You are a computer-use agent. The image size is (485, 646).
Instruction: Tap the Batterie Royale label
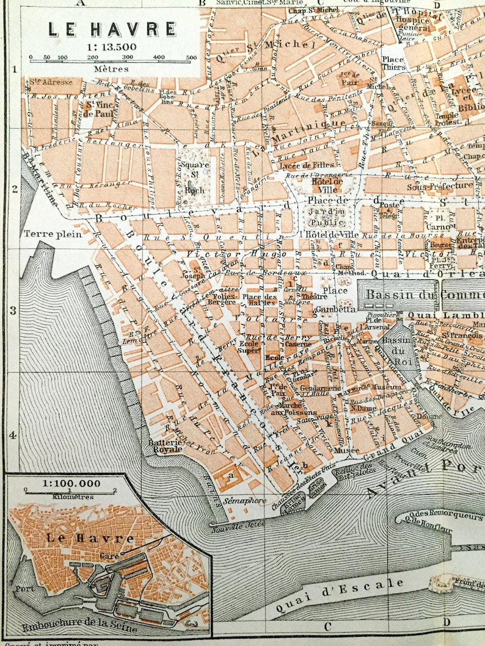point(166,445)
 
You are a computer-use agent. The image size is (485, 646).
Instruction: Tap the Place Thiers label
point(393,63)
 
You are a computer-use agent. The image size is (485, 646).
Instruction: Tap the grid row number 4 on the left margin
point(13,436)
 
